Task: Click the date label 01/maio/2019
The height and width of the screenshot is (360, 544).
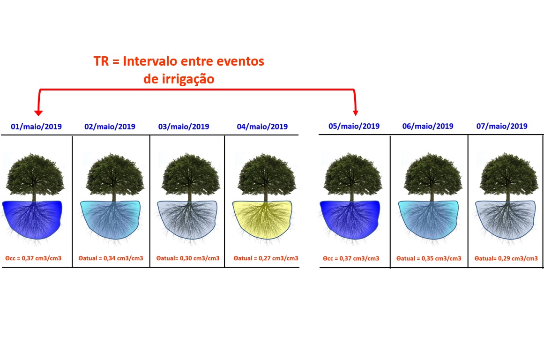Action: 37,127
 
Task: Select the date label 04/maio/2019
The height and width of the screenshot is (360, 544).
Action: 262,127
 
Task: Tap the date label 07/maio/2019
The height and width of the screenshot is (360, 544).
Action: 502,127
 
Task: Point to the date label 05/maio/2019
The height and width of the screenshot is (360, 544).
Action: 354,127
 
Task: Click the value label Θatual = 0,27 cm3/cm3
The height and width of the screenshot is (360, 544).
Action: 266,258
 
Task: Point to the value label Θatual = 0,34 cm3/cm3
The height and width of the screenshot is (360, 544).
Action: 111,258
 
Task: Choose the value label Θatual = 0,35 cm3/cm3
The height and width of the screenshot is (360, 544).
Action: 429,259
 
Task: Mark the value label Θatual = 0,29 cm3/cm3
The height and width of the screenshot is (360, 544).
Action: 506,259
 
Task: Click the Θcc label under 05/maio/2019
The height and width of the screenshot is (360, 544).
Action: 351,259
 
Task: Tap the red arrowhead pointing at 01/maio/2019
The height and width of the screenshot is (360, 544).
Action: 38,113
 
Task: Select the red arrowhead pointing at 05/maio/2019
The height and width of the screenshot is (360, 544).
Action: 355,113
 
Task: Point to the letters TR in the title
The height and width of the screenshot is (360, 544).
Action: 101,61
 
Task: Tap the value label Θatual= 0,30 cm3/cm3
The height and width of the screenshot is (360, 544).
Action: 188,258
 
